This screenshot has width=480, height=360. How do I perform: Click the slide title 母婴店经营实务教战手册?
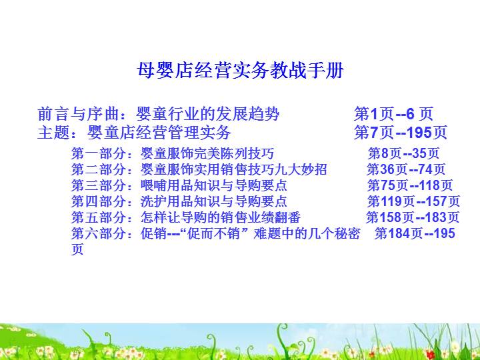240,71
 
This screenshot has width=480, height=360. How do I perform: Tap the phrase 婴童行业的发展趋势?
207,114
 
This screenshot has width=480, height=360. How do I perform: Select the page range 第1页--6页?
394,114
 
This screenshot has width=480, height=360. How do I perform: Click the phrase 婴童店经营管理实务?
159,132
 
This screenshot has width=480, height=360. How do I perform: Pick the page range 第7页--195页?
401,132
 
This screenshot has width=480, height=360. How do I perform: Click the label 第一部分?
98,153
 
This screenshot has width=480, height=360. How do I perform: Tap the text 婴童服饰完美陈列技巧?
207,153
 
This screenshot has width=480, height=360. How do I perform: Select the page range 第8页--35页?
403,153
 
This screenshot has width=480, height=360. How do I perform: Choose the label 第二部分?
98,169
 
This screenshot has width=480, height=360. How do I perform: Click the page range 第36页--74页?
406,169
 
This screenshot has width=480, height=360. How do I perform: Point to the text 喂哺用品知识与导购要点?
214,185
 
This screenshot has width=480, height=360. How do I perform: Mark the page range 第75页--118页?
409,185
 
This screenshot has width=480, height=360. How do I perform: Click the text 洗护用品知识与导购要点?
214,201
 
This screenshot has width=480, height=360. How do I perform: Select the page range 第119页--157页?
413,201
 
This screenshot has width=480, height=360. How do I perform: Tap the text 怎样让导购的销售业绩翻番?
221,217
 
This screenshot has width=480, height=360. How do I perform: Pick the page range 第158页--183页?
413,217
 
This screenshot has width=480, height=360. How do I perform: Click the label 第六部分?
98,233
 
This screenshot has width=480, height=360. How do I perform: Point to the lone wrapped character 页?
77,249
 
